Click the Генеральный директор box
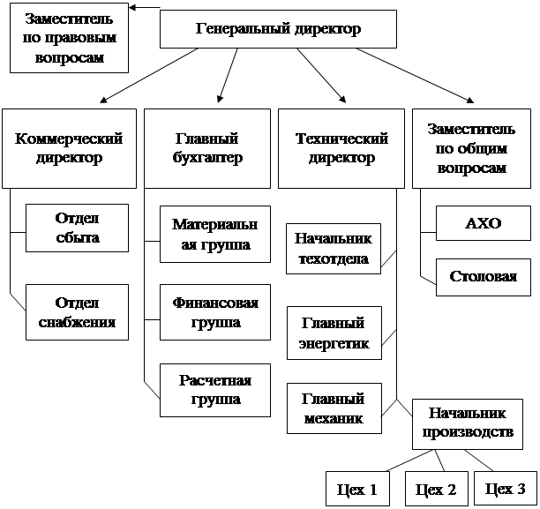pyautogui.click(x=278, y=29)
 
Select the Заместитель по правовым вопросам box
pyautogui.click(x=69, y=38)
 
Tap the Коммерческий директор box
pyautogui.click(x=69, y=149)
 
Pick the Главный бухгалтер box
pyautogui.click(x=207, y=149)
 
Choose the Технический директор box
pyautogui.click(x=341, y=149)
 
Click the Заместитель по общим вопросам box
pyautogui.click(x=471, y=149)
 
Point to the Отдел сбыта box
pyautogui.click(x=77, y=228)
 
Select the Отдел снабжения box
pyautogui.click(x=77, y=312)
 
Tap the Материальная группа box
pyautogui.click(x=215, y=234)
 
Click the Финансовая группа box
pyautogui.click(x=215, y=312)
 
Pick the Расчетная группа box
pyautogui.click(x=215, y=390)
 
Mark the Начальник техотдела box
pyautogui.click(x=334, y=249)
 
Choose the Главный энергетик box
pyautogui.click(x=334, y=333)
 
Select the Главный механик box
pyautogui.click(x=334, y=408)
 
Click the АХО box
pyautogui.click(x=484, y=223)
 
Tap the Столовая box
pyautogui.click(x=484, y=277)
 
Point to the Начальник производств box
pyautogui.click(x=468, y=424)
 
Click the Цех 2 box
pyautogui.click(x=437, y=489)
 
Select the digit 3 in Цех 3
pyautogui.click(x=521, y=489)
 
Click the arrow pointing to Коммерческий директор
pyautogui.click(x=149, y=76)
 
